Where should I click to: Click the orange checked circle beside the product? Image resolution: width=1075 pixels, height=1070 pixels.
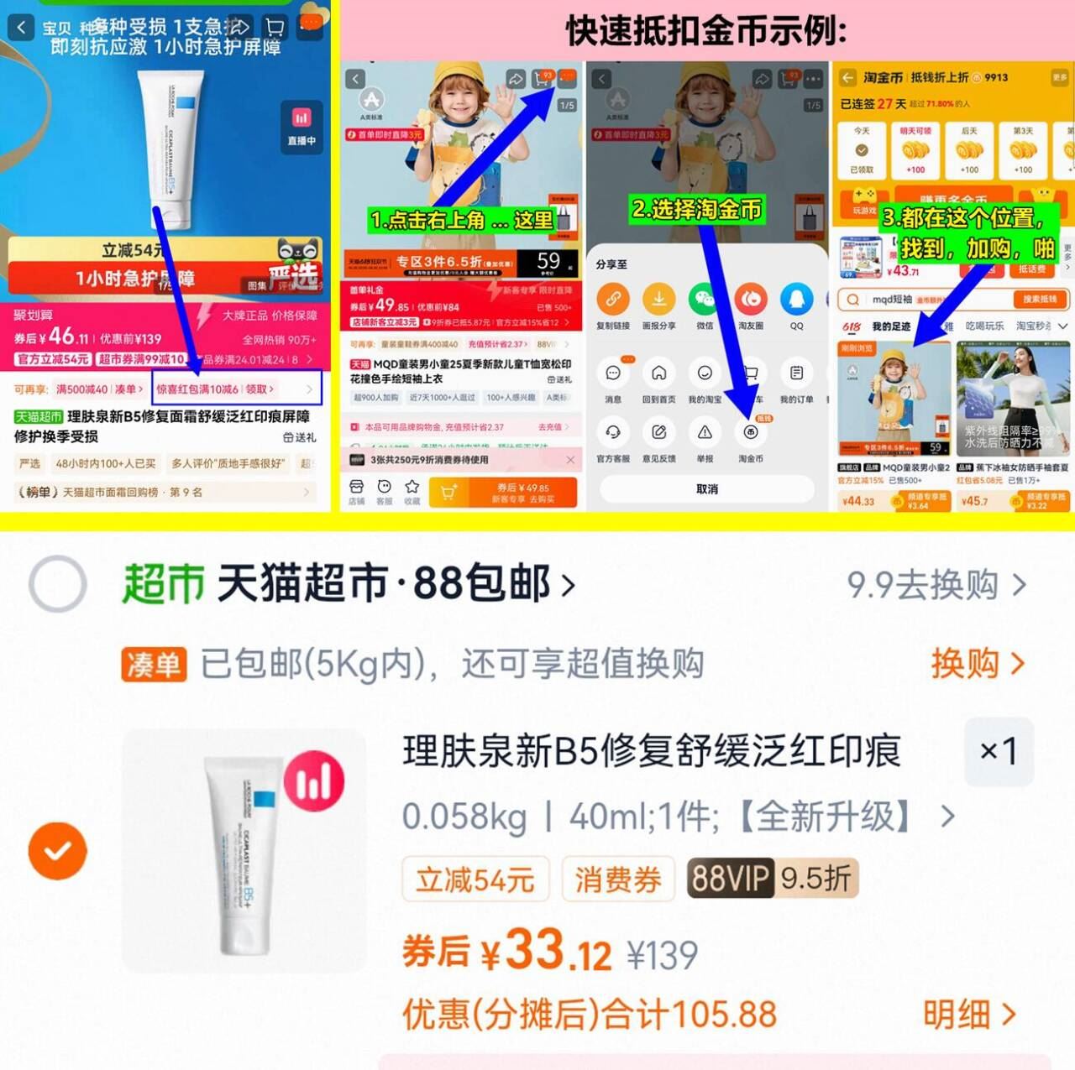57,851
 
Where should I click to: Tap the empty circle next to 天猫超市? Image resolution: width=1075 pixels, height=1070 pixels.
57,583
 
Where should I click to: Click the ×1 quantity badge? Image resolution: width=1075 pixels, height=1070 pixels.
999,750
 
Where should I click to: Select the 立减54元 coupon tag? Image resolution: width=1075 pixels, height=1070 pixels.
475,879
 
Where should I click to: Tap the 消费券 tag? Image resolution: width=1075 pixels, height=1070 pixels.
618,879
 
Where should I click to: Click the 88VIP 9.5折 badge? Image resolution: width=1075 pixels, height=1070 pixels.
771,878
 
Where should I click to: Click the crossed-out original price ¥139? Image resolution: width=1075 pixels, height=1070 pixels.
663,955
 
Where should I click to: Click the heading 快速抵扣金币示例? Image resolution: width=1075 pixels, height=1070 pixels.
706,31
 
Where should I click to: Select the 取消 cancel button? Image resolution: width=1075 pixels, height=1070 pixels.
707,488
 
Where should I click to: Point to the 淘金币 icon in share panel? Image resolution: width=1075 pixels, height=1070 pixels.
751,433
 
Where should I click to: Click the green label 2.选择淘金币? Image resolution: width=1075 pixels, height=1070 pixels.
697,209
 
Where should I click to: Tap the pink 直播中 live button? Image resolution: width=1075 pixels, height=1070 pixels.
302,128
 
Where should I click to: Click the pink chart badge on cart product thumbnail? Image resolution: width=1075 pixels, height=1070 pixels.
314,781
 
